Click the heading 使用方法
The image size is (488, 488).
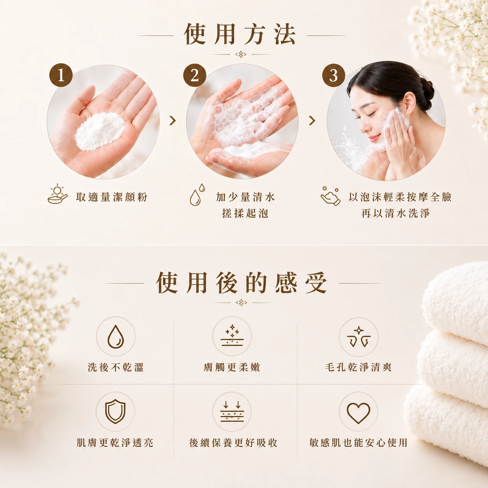(240, 34)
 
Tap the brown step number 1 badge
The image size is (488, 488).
(61, 75)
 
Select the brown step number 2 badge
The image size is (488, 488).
(195, 75)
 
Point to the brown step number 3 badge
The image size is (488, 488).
(334, 75)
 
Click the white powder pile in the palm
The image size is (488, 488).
(100, 132)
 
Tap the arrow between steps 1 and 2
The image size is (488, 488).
(172, 121)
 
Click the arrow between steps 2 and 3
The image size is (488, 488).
(312, 121)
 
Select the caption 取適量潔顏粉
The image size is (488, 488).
(112, 197)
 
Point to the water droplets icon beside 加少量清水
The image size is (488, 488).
(197, 195)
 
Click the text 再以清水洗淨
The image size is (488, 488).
(395, 213)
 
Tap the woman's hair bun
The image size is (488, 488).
(427, 93)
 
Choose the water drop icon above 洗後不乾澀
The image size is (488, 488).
(116, 337)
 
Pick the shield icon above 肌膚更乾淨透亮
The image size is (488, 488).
(115, 411)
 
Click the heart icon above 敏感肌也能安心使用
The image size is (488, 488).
(358, 413)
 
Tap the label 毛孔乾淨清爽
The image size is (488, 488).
(358, 367)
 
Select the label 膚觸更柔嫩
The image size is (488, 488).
(232, 367)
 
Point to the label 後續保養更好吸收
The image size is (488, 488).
(233, 443)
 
